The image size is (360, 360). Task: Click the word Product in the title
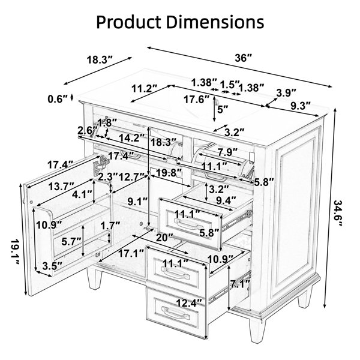click(x=128, y=23)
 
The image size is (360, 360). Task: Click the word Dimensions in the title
click(x=215, y=22)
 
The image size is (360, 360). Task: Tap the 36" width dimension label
click(x=244, y=58)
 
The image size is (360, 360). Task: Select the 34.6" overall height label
click(x=337, y=213)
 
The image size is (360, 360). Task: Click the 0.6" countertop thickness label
click(x=58, y=99)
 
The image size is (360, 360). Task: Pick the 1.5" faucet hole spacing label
click(x=230, y=85)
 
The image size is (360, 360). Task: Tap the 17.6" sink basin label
click(x=197, y=100)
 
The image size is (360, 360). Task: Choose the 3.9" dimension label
click(x=286, y=93)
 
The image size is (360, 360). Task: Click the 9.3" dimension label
click(x=301, y=106)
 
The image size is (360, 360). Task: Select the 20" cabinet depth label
click(x=164, y=238)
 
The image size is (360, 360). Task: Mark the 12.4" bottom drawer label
click(x=190, y=303)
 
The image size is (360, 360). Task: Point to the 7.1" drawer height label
click(x=240, y=284)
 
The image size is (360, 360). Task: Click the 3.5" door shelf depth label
click(x=52, y=266)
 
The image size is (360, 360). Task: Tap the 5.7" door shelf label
click(x=71, y=242)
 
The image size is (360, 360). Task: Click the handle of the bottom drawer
click(x=176, y=314)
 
